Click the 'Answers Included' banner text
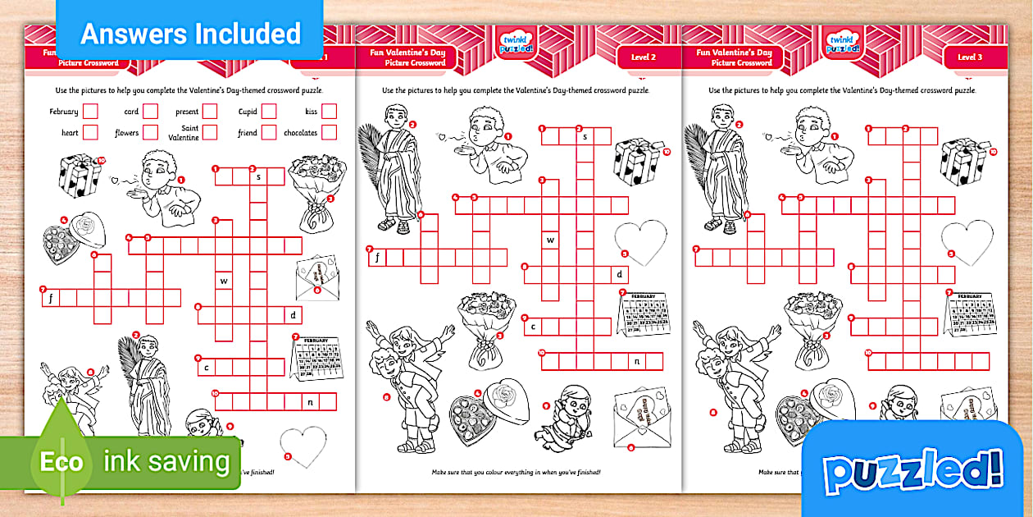[x=190, y=34]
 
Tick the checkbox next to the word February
[x=90, y=111]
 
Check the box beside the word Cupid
[x=269, y=111]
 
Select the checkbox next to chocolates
[x=329, y=132]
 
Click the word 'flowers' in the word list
[x=126, y=133]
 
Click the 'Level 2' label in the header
[x=643, y=57]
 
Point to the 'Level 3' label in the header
[x=969, y=57]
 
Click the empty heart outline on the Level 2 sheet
[x=640, y=240]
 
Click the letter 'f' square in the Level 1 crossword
[x=51, y=297]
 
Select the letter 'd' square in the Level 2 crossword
[x=620, y=274]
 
